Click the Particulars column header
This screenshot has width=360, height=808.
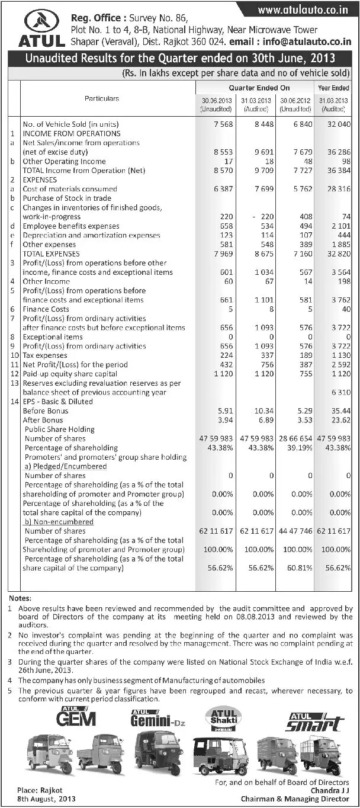101,99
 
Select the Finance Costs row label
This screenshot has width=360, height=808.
46,309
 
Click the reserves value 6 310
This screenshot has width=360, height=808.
342,392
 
